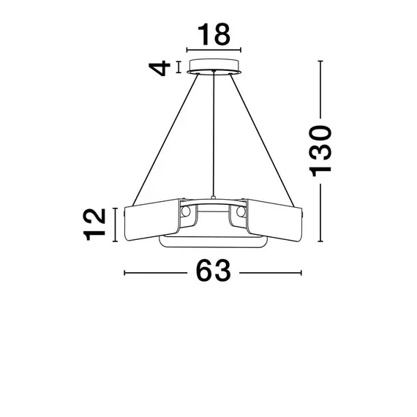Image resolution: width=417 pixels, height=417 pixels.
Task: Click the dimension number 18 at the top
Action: coord(214,34)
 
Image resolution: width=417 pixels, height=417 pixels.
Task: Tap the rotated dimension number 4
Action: coord(159,68)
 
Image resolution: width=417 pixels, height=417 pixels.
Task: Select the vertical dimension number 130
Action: coord(320,151)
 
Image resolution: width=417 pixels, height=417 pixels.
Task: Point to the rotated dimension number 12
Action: coord(94,225)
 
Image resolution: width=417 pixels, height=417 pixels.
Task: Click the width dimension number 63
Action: coord(214,271)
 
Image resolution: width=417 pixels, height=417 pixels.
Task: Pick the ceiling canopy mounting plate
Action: coord(214,67)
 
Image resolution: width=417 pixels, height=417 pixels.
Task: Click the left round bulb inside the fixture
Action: coord(185,211)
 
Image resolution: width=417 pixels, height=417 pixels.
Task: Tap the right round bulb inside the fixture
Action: coord(241,211)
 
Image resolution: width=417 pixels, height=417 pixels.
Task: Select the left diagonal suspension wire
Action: coord(165,140)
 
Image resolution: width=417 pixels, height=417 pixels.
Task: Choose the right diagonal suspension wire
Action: coord(262,140)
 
